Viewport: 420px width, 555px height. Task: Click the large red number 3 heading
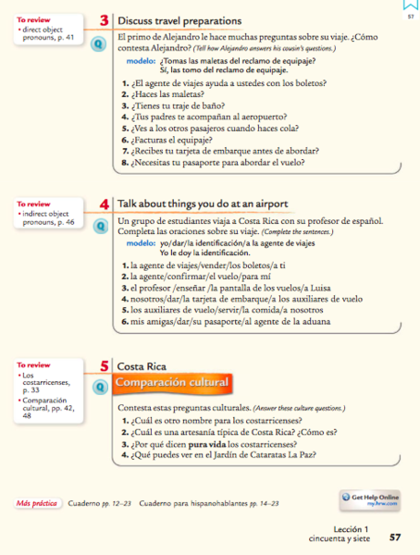(106, 20)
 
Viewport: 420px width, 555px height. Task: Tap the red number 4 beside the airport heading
(106, 203)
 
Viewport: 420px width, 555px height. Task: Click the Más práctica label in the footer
(36, 504)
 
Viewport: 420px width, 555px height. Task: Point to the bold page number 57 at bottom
(395, 536)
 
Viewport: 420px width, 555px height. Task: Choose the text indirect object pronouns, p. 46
(49, 218)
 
